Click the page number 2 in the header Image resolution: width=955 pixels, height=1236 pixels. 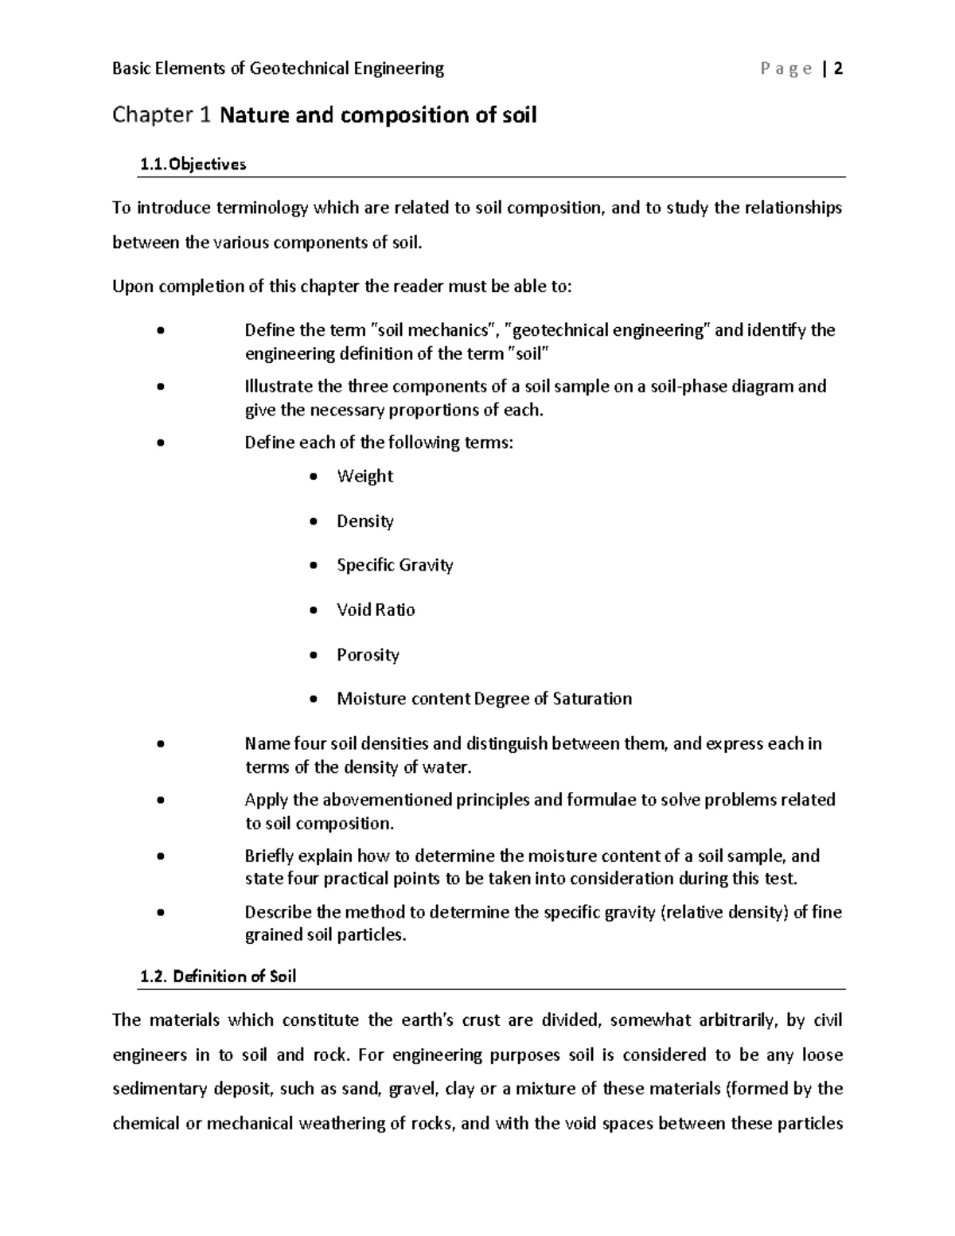(838, 69)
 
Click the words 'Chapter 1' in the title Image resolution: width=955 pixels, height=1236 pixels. (162, 116)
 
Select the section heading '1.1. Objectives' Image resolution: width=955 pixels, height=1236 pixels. (193, 165)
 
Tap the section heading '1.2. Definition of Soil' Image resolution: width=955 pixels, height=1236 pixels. (217, 977)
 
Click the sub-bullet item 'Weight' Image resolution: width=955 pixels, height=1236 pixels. (364, 477)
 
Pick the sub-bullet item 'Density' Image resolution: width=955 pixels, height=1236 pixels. (364, 521)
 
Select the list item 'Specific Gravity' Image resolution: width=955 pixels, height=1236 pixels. (395, 565)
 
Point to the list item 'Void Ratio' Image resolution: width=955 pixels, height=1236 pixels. (376, 610)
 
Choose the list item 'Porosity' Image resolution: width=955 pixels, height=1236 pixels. (368, 655)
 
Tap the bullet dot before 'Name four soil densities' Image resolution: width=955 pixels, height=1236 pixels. (161, 744)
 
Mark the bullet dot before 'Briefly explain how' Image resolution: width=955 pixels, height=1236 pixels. (161, 856)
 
